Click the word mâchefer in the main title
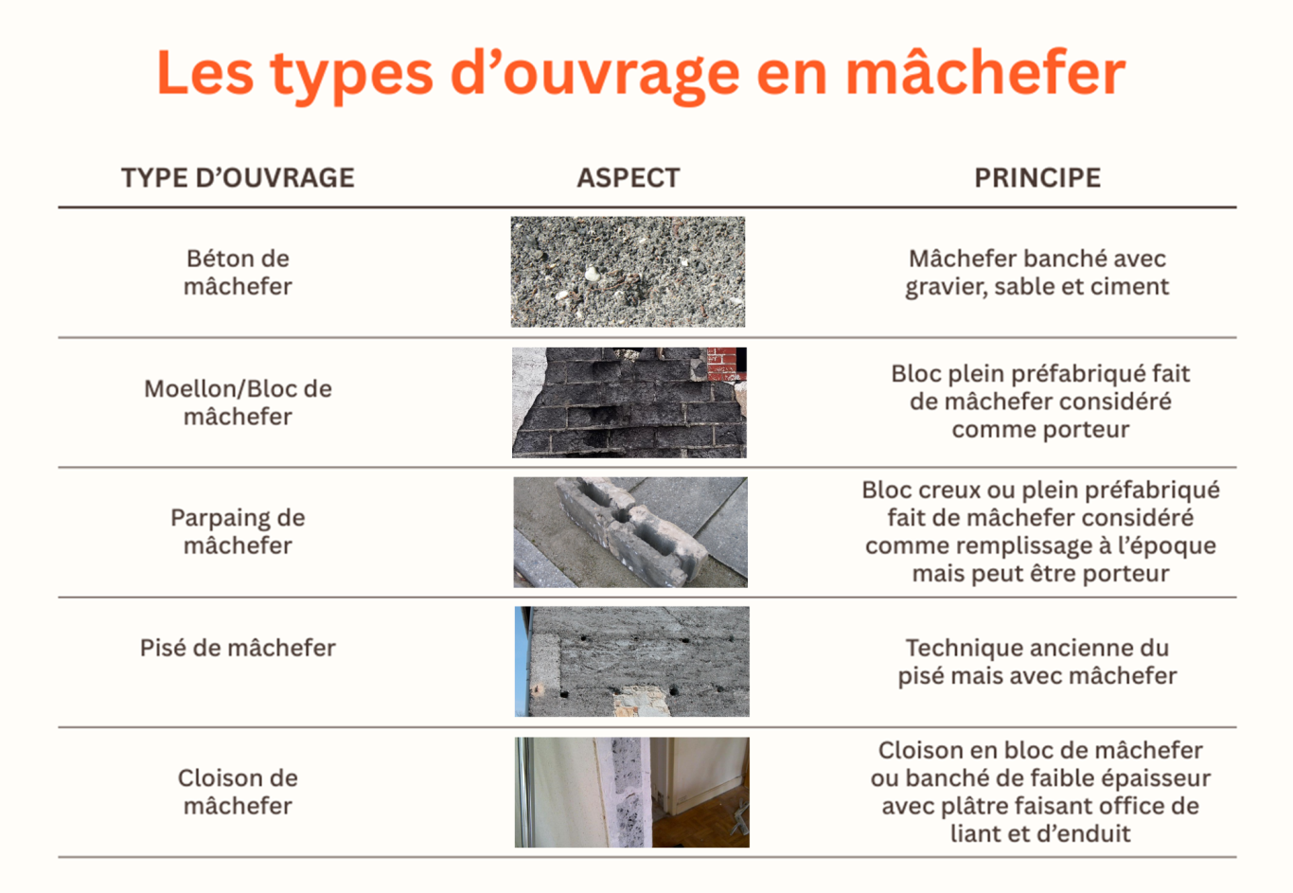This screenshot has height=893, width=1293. tap(984, 74)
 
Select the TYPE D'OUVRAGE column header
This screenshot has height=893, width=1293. tap(238, 178)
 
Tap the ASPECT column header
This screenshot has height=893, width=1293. tap(629, 178)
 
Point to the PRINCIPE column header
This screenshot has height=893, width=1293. tap(1037, 178)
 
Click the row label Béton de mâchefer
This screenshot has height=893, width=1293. tap(238, 273)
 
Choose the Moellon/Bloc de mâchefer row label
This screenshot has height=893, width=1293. tap(238, 402)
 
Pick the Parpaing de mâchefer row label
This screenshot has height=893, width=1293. tap(238, 531)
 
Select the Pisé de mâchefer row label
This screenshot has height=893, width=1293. tap(238, 648)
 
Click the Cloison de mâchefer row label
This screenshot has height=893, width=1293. tap(238, 792)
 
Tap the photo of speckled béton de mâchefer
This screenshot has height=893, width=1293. tap(628, 272)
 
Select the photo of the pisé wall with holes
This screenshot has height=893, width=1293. tap(632, 661)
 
